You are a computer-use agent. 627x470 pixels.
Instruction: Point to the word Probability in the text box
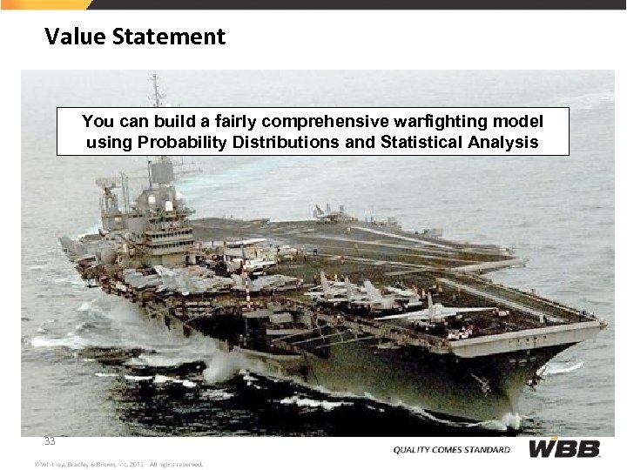pyautogui.click(x=183, y=142)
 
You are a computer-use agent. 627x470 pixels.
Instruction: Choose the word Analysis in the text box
pyautogui.click(x=506, y=142)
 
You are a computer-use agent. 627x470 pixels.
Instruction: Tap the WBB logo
pyautogui.click(x=565, y=449)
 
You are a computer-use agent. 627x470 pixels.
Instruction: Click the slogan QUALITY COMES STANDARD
pyautogui.click(x=451, y=450)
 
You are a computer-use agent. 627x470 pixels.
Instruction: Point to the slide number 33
pyautogui.click(x=51, y=441)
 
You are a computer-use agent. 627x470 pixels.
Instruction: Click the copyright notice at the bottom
pyautogui.click(x=118, y=464)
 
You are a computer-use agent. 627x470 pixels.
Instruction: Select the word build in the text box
pyautogui.click(x=165, y=121)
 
